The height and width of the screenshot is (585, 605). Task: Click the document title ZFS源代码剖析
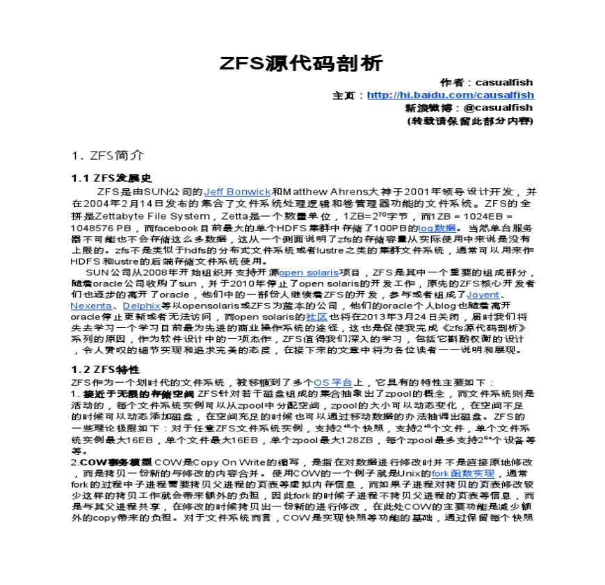click(301, 64)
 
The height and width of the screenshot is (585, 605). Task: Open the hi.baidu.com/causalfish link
click(450, 95)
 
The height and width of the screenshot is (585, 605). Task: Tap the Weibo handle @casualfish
click(498, 108)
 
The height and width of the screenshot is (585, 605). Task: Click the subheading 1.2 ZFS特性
click(106, 368)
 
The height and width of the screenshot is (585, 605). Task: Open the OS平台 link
click(333, 381)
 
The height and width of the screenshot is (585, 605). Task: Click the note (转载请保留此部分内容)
click(469, 120)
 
